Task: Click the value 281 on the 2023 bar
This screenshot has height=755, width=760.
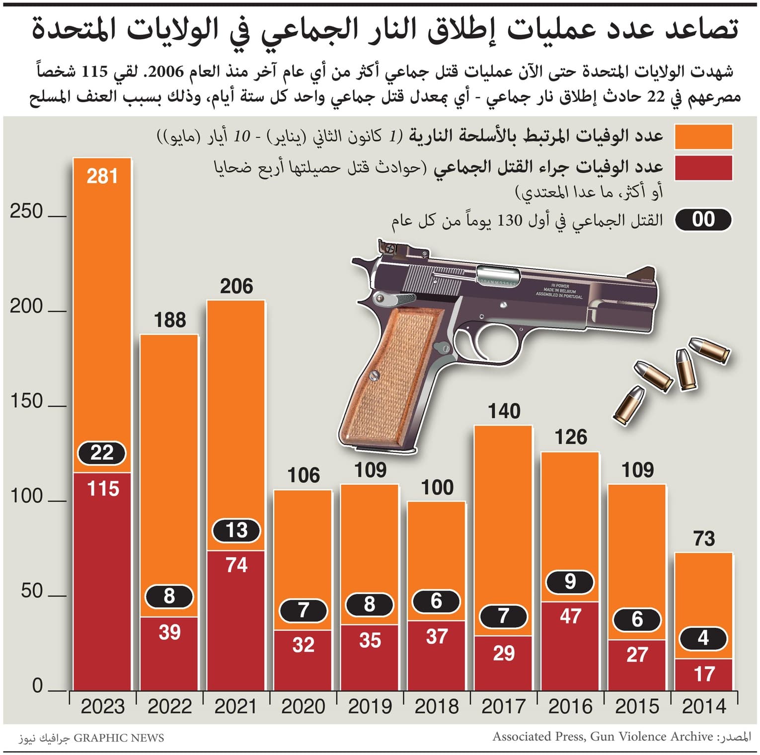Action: coord(102,176)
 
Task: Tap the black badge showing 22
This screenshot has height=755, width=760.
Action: coord(102,453)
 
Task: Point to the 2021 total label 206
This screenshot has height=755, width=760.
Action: coord(236,287)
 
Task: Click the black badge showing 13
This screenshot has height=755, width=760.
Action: coord(236,530)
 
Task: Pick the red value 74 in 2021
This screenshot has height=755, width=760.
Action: coord(236,565)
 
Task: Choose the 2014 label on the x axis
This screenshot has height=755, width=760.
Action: coord(704,706)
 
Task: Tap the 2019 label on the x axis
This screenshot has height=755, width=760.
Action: coord(370,706)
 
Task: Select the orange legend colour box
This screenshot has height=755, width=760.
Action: coord(703,137)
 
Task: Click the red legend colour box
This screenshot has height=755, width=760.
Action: coord(703,168)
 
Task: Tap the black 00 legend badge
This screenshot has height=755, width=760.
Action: coord(703,220)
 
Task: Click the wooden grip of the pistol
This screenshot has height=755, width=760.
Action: coord(392,377)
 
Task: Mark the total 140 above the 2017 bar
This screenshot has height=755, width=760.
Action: coord(504,411)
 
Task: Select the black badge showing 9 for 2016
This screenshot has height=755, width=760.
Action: coord(570,582)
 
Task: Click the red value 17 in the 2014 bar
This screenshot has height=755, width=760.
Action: coord(704,674)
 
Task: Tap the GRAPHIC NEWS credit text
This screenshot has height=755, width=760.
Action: coord(119,738)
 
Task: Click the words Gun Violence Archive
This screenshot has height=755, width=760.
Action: coord(651,737)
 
